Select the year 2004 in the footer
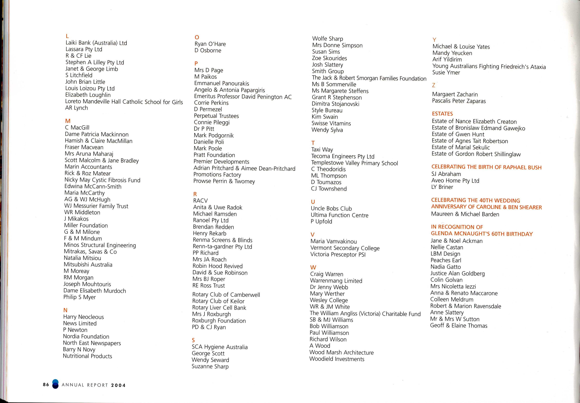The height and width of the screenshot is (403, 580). (118, 385)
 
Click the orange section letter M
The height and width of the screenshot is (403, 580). (68, 121)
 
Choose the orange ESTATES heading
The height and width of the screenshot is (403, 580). (442, 114)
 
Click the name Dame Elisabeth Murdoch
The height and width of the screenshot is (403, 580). (95, 291)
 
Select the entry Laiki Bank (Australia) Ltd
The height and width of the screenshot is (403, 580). (96, 43)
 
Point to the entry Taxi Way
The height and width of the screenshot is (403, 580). (322, 150)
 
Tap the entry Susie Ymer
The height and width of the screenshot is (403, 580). (446, 72)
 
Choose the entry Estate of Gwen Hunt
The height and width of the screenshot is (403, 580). (458, 134)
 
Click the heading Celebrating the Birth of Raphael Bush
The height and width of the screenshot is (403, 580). (486, 167)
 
